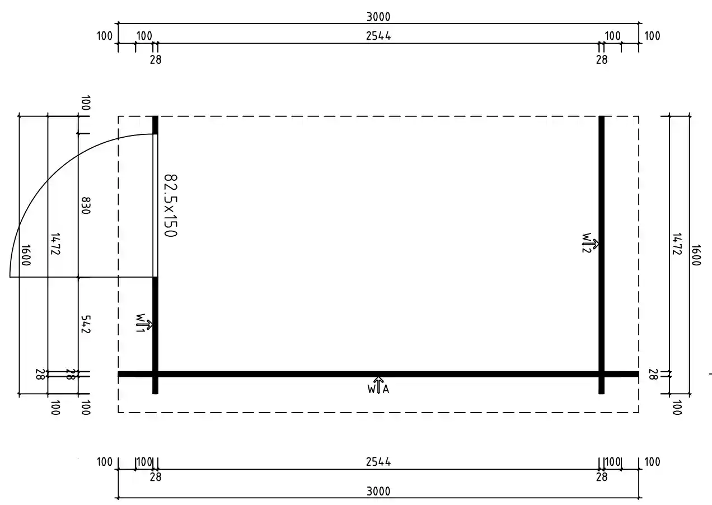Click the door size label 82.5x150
coord(171,205)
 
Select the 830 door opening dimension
coord(86,205)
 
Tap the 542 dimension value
coord(86,324)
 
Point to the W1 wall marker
coord(144,324)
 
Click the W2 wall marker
coord(591,244)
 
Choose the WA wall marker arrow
coord(378,385)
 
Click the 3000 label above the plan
coord(378,17)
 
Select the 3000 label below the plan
coord(378,492)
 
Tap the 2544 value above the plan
coord(378,36)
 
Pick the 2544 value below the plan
coord(378,462)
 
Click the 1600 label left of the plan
coord(25,255)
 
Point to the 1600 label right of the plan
coord(696,255)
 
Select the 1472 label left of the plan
coord(55,244)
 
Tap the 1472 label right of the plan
coord(677,244)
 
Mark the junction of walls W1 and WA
coord(155,374)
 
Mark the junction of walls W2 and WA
coord(601,374)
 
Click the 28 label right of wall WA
coord(653,375)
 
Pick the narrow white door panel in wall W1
coord(155,205)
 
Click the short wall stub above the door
coord(155,125)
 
